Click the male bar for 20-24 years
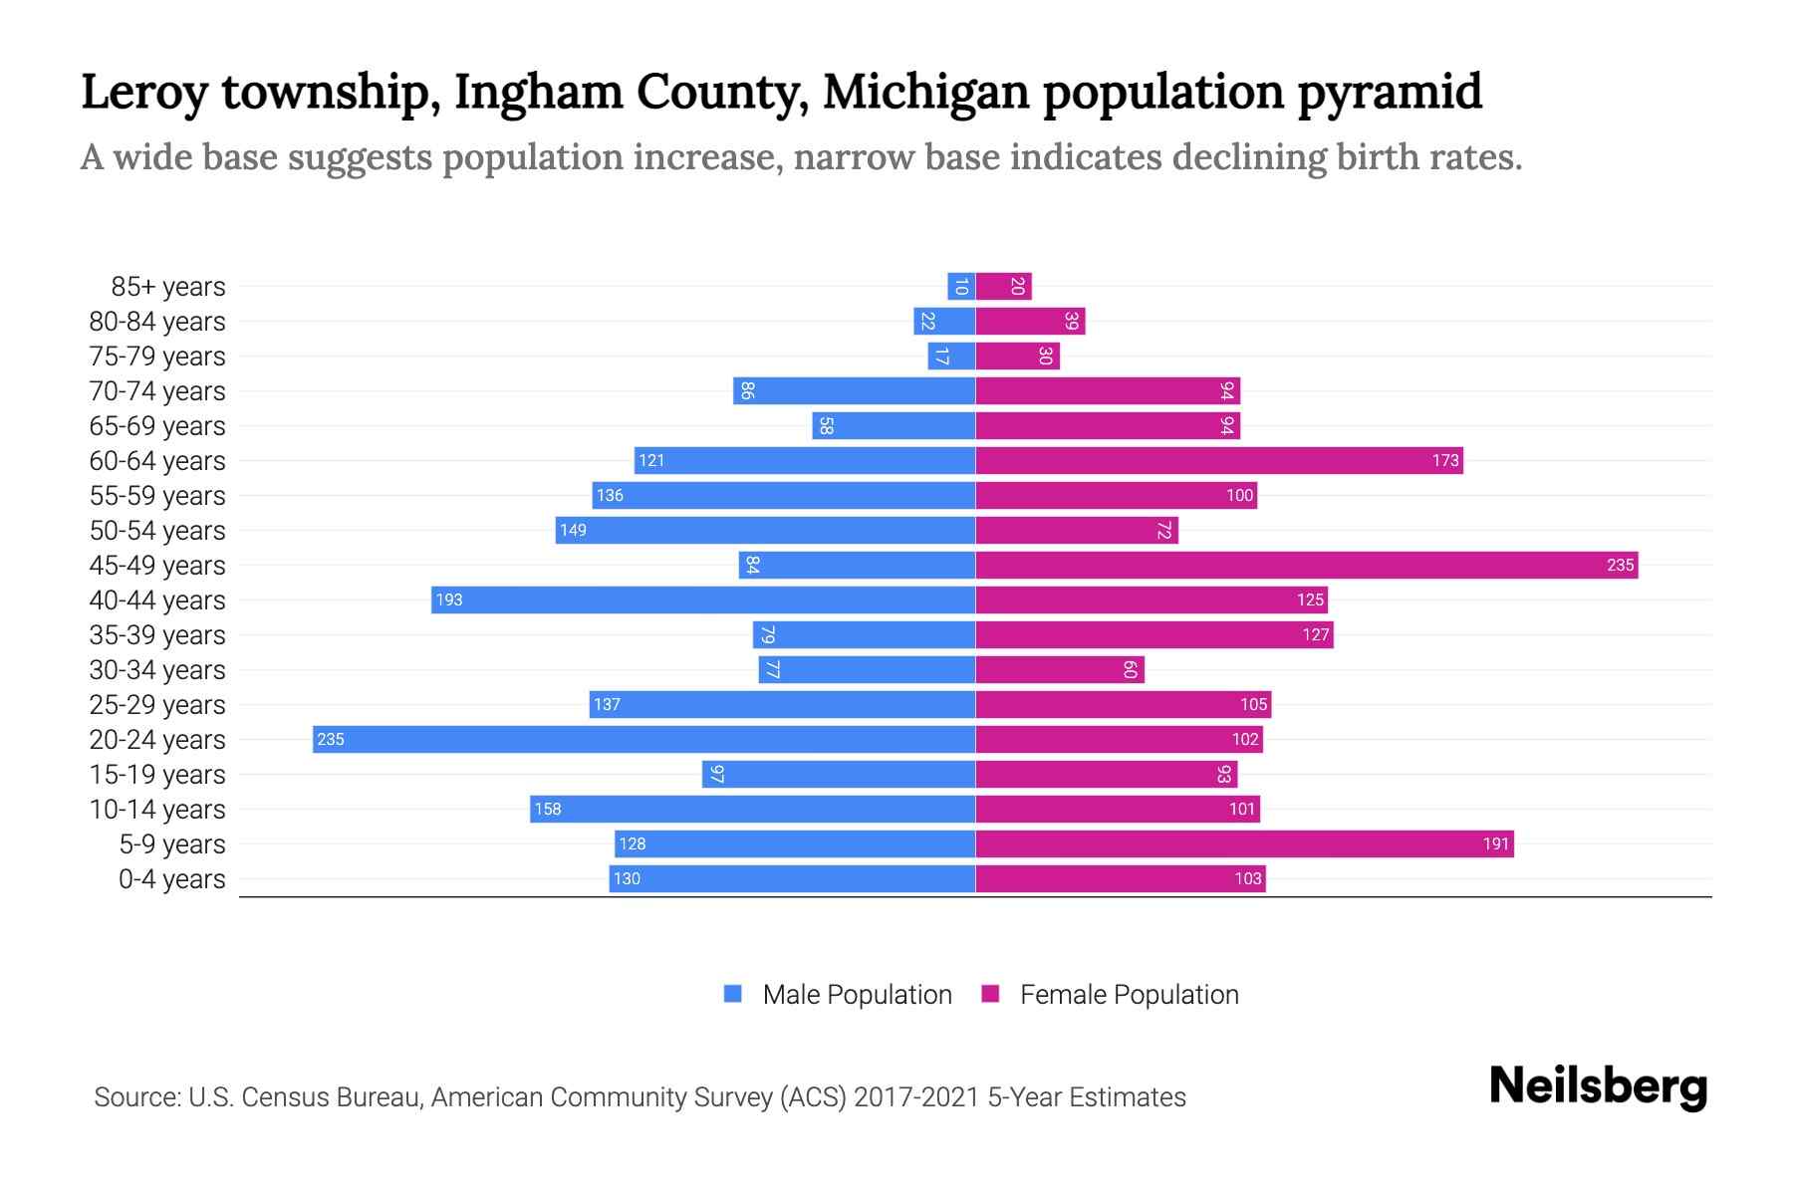tap(643, 739)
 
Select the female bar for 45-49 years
tap(1306, 565)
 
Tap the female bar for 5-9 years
tap(1244, 843)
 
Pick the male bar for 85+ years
tap(961, 286)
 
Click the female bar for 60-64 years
tap(1218, 460)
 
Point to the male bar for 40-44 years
tap(702, 599)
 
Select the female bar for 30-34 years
tap(1060, 669)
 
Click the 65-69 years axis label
tap(157, 426)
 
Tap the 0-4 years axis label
tap(171, 879)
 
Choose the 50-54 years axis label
tap(157, 531)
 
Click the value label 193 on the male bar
tap(449, 599)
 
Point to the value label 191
tap(1495, 843)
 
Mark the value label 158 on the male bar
tap(548, 809)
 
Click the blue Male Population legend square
tap(733, 994)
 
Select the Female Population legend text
tap(1129, 994)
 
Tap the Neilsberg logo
tap(1598, 1086)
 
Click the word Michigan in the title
tap(925, 92)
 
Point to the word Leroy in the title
tap(144, 92)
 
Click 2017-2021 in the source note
tap(915, 1097)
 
